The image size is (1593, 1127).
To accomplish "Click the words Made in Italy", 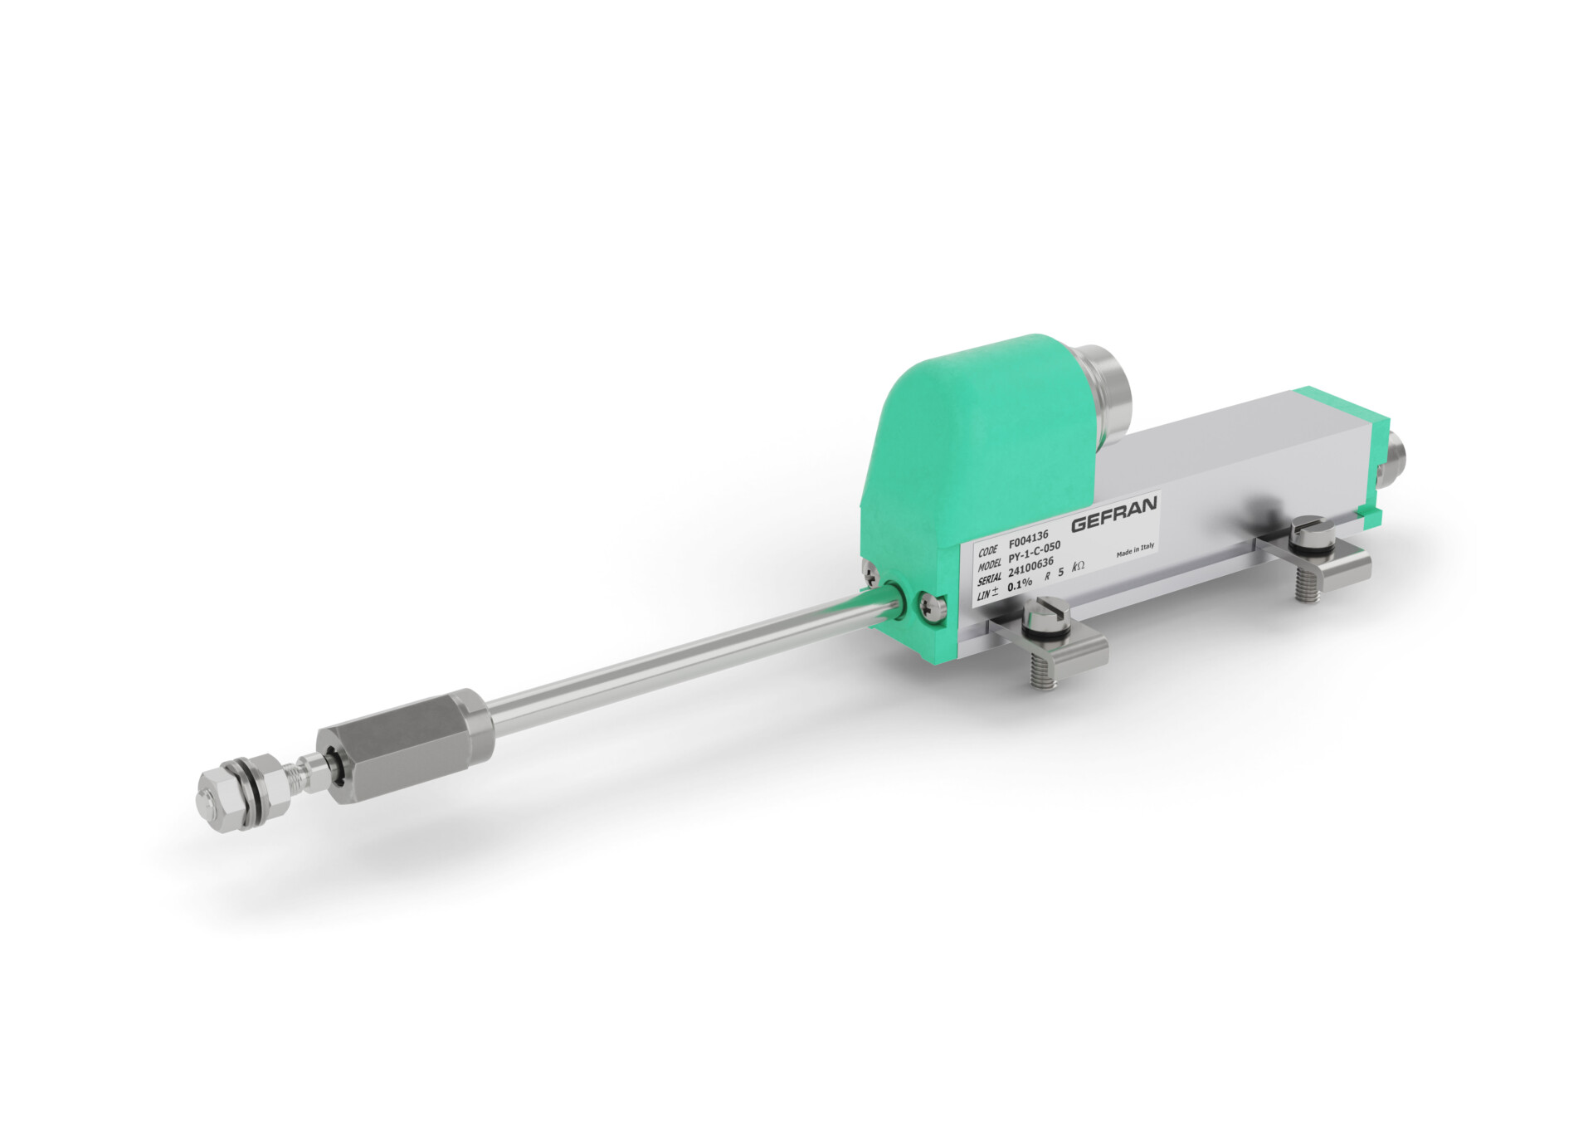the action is pyautogui.click(x=1135, y=549).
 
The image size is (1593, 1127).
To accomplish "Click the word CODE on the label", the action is pyautogui.click(x=988, y=551).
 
